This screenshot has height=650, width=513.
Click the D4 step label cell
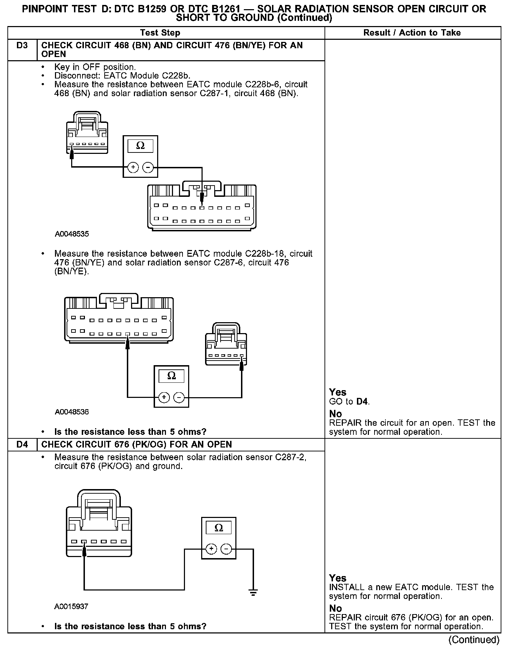coord(22,444)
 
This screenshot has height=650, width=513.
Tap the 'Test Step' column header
coord(160,33)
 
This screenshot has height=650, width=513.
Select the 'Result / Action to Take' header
coord(412,33)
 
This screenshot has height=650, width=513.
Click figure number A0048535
coord(72,234)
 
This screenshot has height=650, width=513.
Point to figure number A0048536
coord(72,412)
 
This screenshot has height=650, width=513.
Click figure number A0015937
coord(71,606)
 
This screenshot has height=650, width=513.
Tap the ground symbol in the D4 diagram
coord(253,593)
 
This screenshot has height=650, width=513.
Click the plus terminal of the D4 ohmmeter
coord(211,549)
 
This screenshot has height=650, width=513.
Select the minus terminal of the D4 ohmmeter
coord(226,549)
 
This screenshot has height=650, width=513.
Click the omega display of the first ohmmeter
coord(140,146)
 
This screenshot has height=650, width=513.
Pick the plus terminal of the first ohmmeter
coord(133,167)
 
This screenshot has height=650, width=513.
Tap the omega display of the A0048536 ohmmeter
coord(171,376)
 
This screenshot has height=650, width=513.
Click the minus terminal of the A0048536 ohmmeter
coord(179,398)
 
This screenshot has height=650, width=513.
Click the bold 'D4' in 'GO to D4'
coord(362,401)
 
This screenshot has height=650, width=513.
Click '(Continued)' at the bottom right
coord(474,639)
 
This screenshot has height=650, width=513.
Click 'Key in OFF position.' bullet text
coord(95,67)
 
